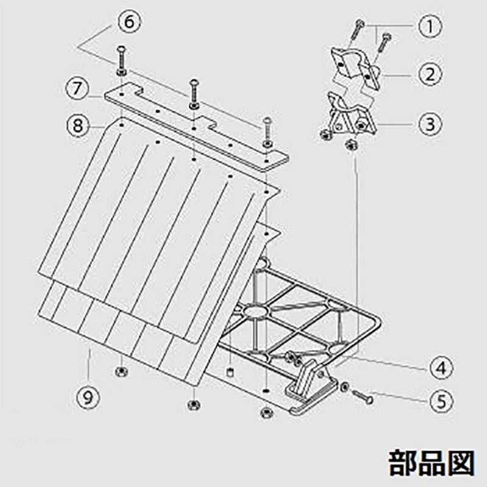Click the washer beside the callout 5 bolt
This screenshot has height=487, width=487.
[x=345, y=386]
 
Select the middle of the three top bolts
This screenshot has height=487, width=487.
[x=194, y=94]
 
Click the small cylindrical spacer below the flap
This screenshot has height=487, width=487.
[x=231, y=370]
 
